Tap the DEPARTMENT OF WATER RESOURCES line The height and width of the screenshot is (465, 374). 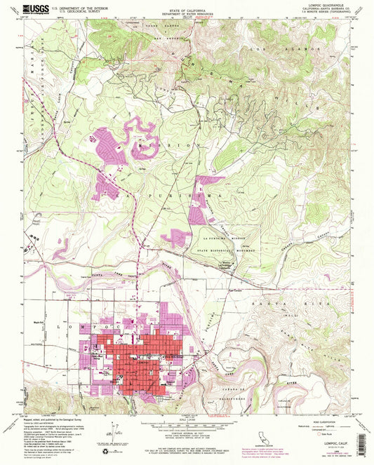pos(188,13)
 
